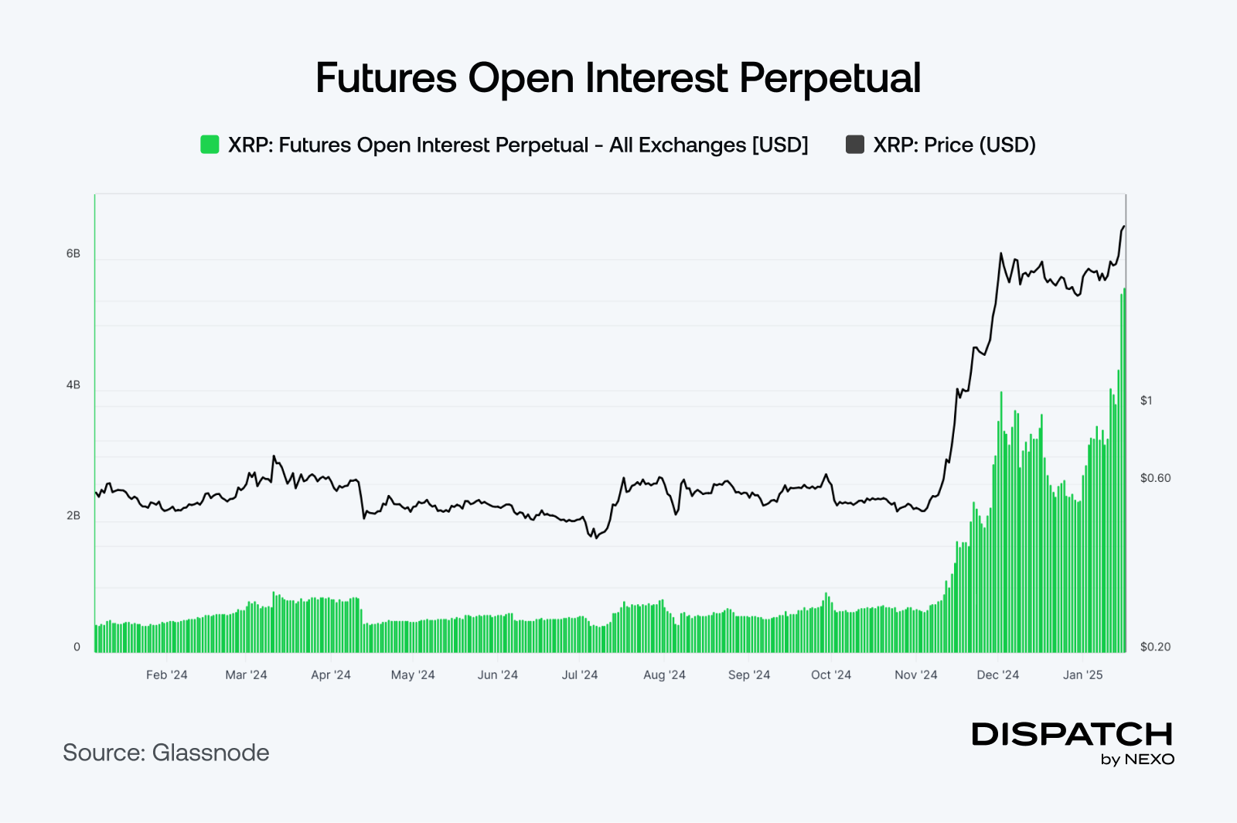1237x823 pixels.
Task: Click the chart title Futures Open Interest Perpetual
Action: tap(618, 78)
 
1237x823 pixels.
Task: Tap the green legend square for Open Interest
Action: tap(210, 145)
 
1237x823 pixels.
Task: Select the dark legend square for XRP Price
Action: tap(854, 145)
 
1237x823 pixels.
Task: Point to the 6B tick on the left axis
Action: tap(73, 254)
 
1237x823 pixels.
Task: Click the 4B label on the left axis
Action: tap(73, 385)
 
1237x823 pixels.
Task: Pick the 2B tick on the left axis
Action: tap(73, 516)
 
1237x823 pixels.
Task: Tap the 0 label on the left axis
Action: tap(77, 647)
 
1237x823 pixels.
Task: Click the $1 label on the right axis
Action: tap(1146, 401)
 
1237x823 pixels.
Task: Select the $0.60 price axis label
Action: tap(1155, 478)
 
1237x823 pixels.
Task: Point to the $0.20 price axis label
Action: tap(1155, 647)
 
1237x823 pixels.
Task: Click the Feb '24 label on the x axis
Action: tap(167, 674)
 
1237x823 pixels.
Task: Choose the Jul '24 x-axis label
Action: tap(580, 674)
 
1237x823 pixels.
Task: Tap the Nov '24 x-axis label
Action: tap(916, 674)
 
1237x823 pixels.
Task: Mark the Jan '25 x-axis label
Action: tap(1082, 674)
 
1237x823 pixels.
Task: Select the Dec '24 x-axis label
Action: tap(998, 674)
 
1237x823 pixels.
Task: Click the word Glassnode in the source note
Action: tap(211, 753)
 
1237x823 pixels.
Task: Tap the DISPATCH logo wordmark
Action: tap(1072, 734)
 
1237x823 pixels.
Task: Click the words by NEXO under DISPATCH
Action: tap(1137, 760)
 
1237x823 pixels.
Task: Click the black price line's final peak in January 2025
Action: tap(1123, 227)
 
